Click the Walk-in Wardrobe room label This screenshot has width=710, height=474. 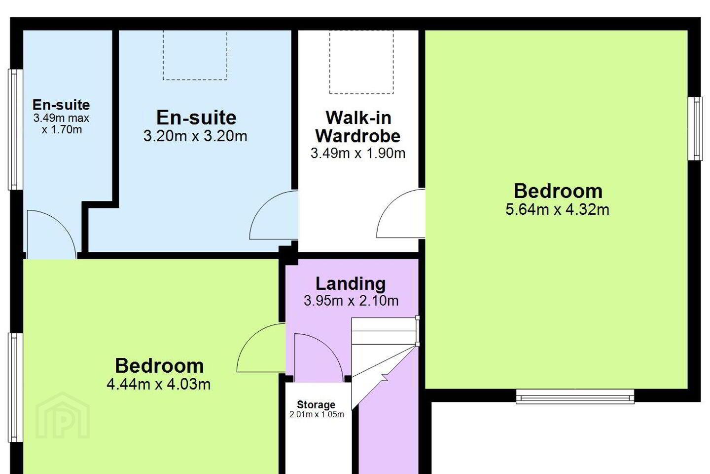[x=358, y=127]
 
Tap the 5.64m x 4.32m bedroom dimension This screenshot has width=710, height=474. [x=557, y=209]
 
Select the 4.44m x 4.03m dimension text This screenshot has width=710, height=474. [x=158, y=384]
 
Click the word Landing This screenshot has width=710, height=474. [x=351, y=283]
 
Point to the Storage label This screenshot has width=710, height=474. [x=316, y=404]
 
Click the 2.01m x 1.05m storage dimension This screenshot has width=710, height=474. [x=317, y=414]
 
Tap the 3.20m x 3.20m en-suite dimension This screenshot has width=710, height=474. [x=195, y=136]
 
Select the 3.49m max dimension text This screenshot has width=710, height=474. [x=61, y=118]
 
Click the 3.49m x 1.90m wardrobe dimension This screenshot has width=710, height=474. [x=358, y=154]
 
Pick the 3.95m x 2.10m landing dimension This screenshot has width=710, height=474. [x=351, y=300]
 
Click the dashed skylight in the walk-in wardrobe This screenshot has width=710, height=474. [x=361, y=62]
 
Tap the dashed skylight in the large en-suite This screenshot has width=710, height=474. [x=195, y=55]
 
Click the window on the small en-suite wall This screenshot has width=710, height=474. [x=15, y=129]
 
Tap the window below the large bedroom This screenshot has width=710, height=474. [x=575, y=396]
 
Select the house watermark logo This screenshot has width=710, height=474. [x=63, y=416]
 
